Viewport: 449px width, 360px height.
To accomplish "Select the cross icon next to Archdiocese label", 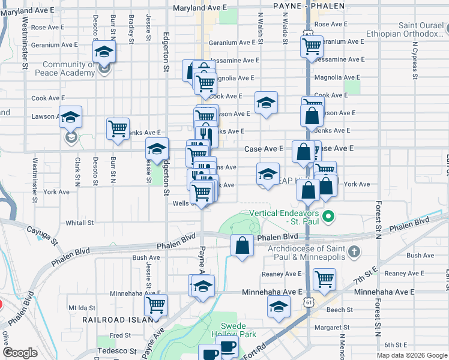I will [x=354, y=251].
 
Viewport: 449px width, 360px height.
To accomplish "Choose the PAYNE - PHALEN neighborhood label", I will [x=309, y=6].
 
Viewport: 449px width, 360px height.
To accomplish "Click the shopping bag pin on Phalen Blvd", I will [x=242, y=245].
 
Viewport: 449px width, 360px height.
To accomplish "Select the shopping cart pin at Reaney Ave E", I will [x=324, y=278].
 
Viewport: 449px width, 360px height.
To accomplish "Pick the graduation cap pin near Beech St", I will [x=279, y=308].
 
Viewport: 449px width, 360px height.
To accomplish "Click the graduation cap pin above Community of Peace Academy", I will [x=104, y=52].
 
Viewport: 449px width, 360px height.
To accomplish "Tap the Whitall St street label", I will [x=80, y=223].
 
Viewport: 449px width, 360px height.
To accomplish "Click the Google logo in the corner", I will [x=20, y=353].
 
